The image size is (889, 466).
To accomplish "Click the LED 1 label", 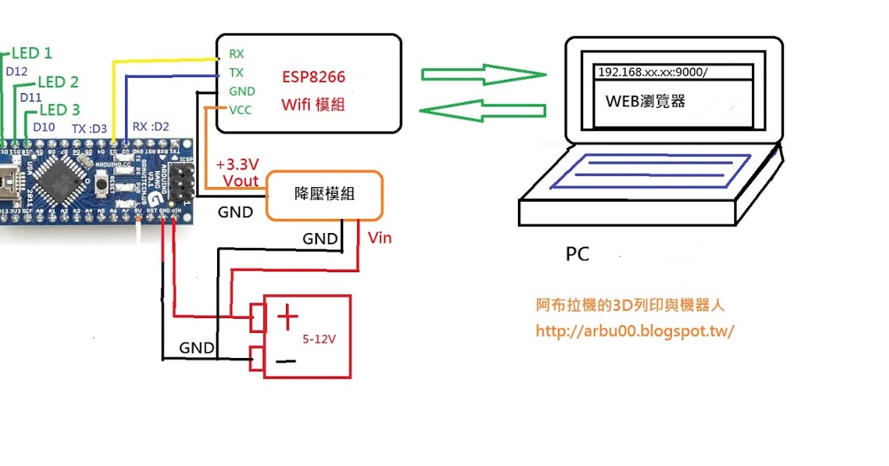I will click(32, 53).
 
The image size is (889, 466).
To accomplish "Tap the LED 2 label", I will click(58, 82).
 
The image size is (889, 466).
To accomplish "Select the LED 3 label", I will click(59, 110).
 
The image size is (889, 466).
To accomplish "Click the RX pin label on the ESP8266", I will click(236, 54).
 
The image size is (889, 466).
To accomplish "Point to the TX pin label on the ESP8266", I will click(236, 72).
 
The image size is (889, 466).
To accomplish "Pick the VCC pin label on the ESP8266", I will click(241, 111).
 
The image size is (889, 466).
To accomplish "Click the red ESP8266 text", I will click(313, 76).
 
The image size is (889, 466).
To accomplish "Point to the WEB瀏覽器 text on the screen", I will click(645, 101).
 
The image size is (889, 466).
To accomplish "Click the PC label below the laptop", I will click(577, 254).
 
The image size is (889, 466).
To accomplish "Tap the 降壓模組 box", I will click(324, 195).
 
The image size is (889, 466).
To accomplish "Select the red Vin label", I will click(380, 238).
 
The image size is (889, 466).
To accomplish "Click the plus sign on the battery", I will click(287, 319).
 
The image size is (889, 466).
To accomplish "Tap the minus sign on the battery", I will click(287, 362).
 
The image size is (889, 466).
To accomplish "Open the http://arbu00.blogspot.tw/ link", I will click(634, 331).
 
